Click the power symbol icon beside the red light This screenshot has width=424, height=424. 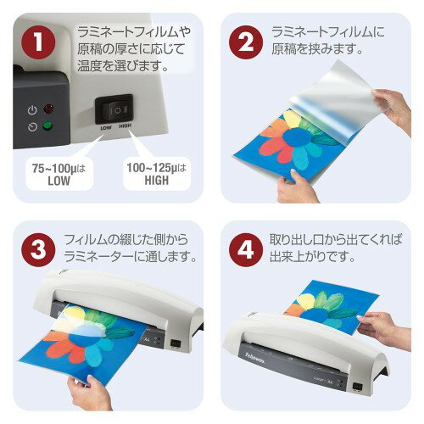click(x=31, y=110)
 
